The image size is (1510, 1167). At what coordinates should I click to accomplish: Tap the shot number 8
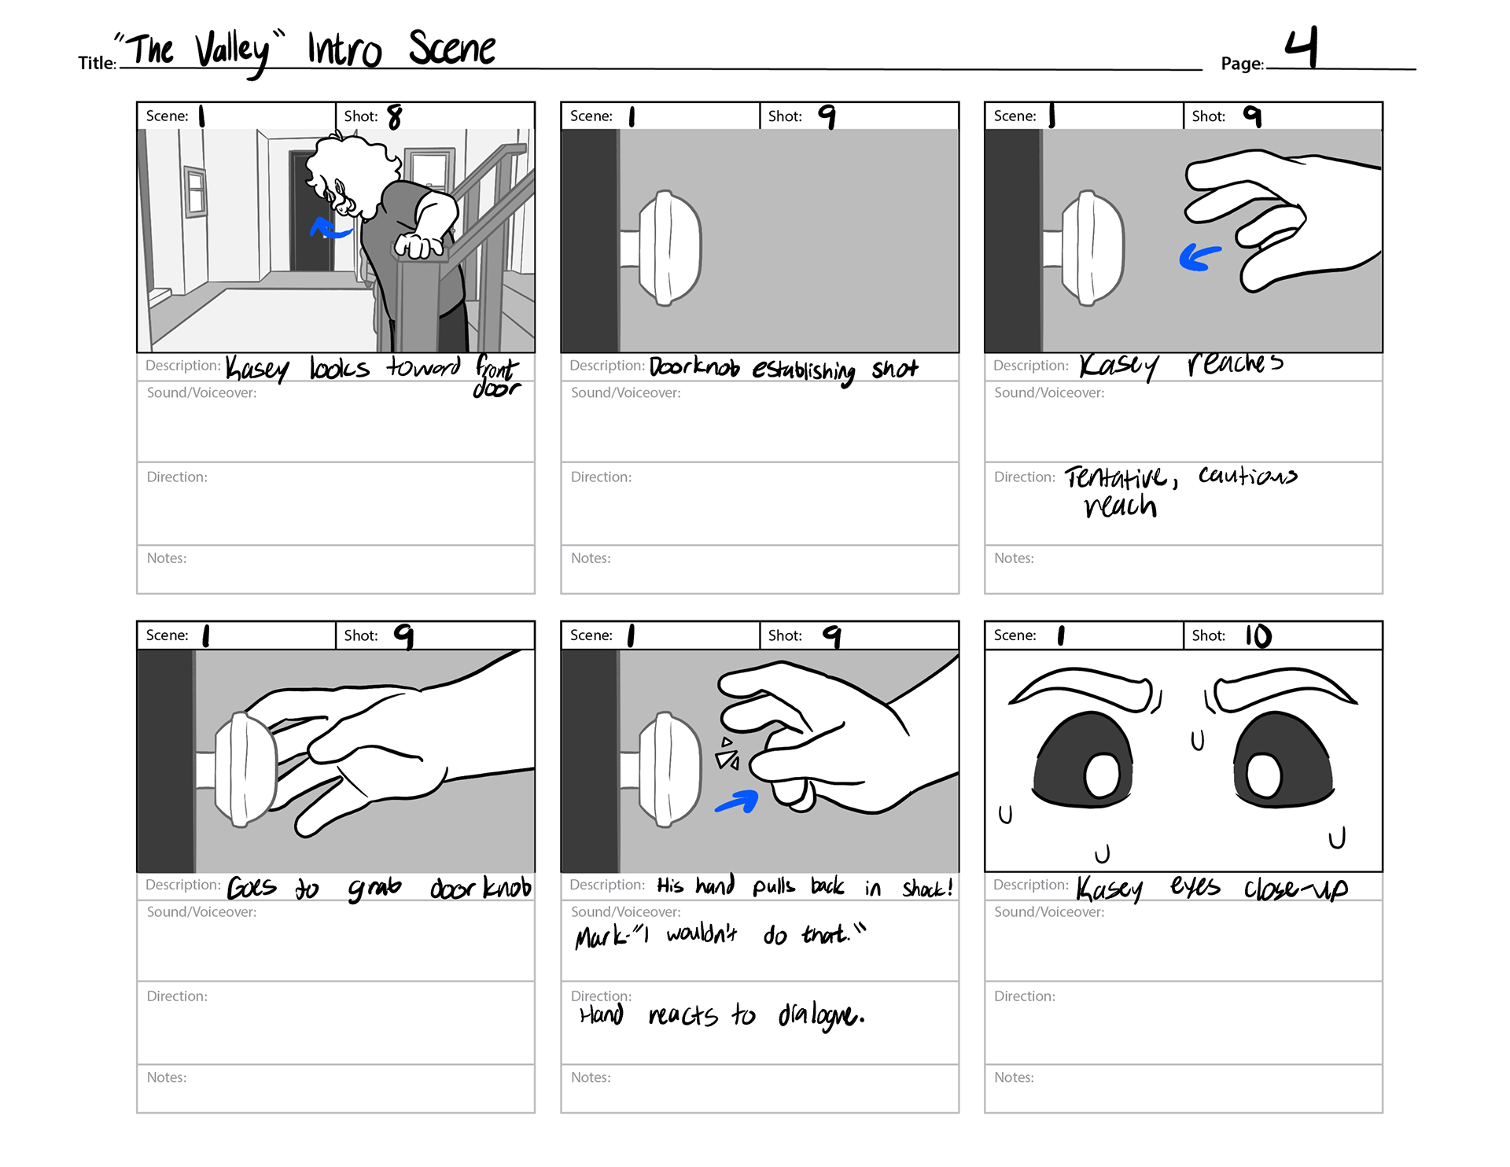click(395, 117)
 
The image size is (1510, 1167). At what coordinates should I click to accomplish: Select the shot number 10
click(1258, 635)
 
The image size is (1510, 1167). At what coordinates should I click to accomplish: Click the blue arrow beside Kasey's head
click(330, 229)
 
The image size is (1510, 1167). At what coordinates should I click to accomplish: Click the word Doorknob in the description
click(694, 367)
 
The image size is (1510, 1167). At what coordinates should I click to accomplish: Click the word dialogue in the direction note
click(821, 1016)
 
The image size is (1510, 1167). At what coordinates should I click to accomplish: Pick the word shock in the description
click(927, 888)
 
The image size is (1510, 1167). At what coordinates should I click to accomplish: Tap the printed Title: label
click(98, 63)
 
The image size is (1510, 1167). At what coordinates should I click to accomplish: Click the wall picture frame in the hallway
click(194, 191)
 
